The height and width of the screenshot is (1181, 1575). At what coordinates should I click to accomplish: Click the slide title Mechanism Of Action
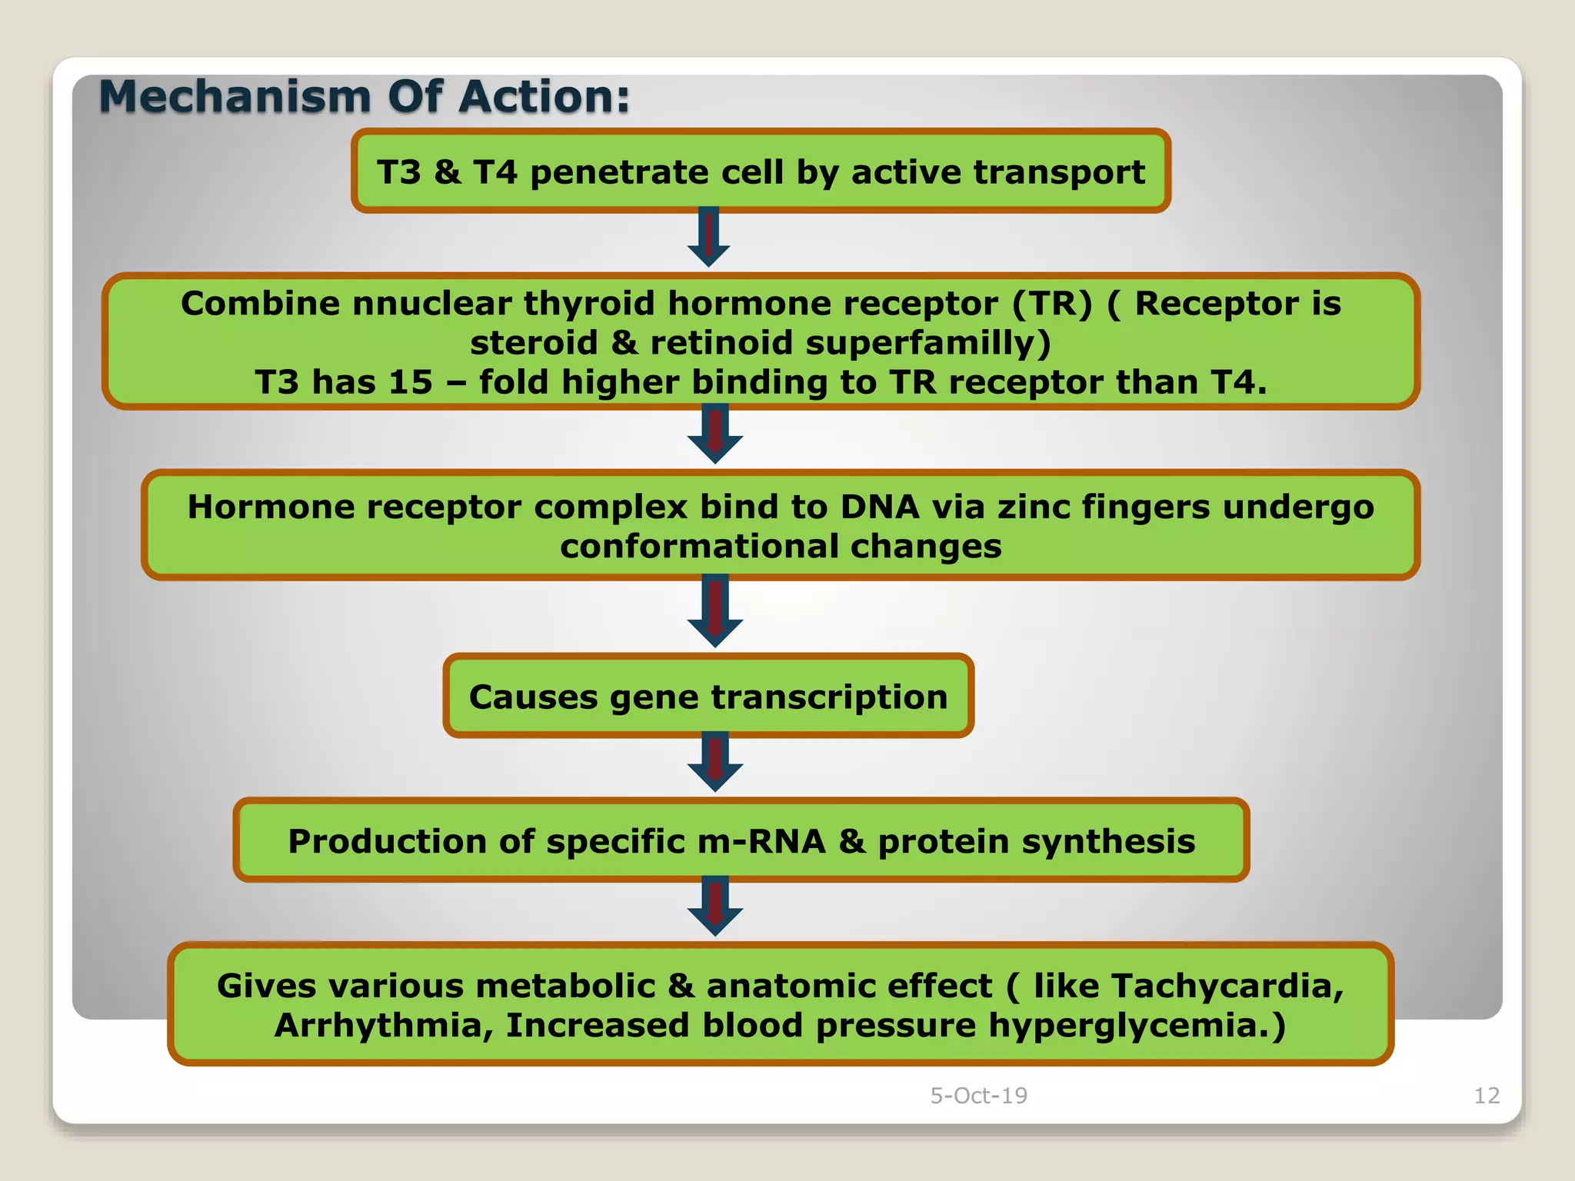[365, 97]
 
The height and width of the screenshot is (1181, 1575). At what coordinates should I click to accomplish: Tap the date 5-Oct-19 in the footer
[978, 1095]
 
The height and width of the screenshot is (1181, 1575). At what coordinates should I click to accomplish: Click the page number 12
[1487, 1095]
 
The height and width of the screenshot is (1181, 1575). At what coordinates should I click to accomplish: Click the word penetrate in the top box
[618, 172]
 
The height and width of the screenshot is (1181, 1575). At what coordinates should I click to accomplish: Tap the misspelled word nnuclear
[431, 303]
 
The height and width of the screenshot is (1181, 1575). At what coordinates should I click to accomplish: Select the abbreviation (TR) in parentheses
[1051, 303]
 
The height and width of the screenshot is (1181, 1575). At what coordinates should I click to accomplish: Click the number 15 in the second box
[410, 382]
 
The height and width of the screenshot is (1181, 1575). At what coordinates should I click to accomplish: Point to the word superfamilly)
[927, 343]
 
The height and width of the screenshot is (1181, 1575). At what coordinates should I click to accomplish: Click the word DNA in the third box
[880, 507]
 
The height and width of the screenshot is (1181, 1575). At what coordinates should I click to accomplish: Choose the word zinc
[1034, 507]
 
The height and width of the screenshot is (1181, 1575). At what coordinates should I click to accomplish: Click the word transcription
[829, 697]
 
